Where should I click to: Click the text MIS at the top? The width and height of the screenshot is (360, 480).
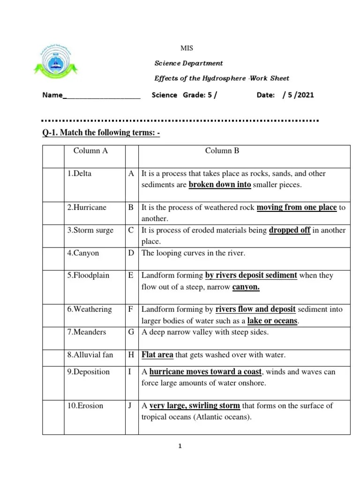click(187, 48)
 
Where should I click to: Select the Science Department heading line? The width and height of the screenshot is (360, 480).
click(189, 63)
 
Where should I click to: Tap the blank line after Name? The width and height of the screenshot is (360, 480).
click(101, 96)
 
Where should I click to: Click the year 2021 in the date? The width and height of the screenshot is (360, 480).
click(305, 95)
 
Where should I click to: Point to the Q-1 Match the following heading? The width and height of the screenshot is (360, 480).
click(101, 133)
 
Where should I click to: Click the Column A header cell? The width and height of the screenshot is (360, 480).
click(93, 151)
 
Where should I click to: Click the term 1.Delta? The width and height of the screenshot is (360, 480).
click(79, 173)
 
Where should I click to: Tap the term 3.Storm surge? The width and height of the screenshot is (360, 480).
click(90, 231)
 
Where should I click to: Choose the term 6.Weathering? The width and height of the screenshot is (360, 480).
click(89, 309)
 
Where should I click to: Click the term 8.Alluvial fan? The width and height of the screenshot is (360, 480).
click(90, 355)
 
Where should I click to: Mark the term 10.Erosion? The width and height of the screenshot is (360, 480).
click(85, 405)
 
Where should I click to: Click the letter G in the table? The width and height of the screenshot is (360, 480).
click(131, 332)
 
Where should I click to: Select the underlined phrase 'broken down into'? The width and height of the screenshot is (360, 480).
click(220, 185)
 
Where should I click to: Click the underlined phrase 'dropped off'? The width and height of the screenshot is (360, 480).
click(290, 231)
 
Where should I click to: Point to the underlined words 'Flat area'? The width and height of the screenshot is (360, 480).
click(157, 355)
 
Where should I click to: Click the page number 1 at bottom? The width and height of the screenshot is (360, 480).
click(180, 446)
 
